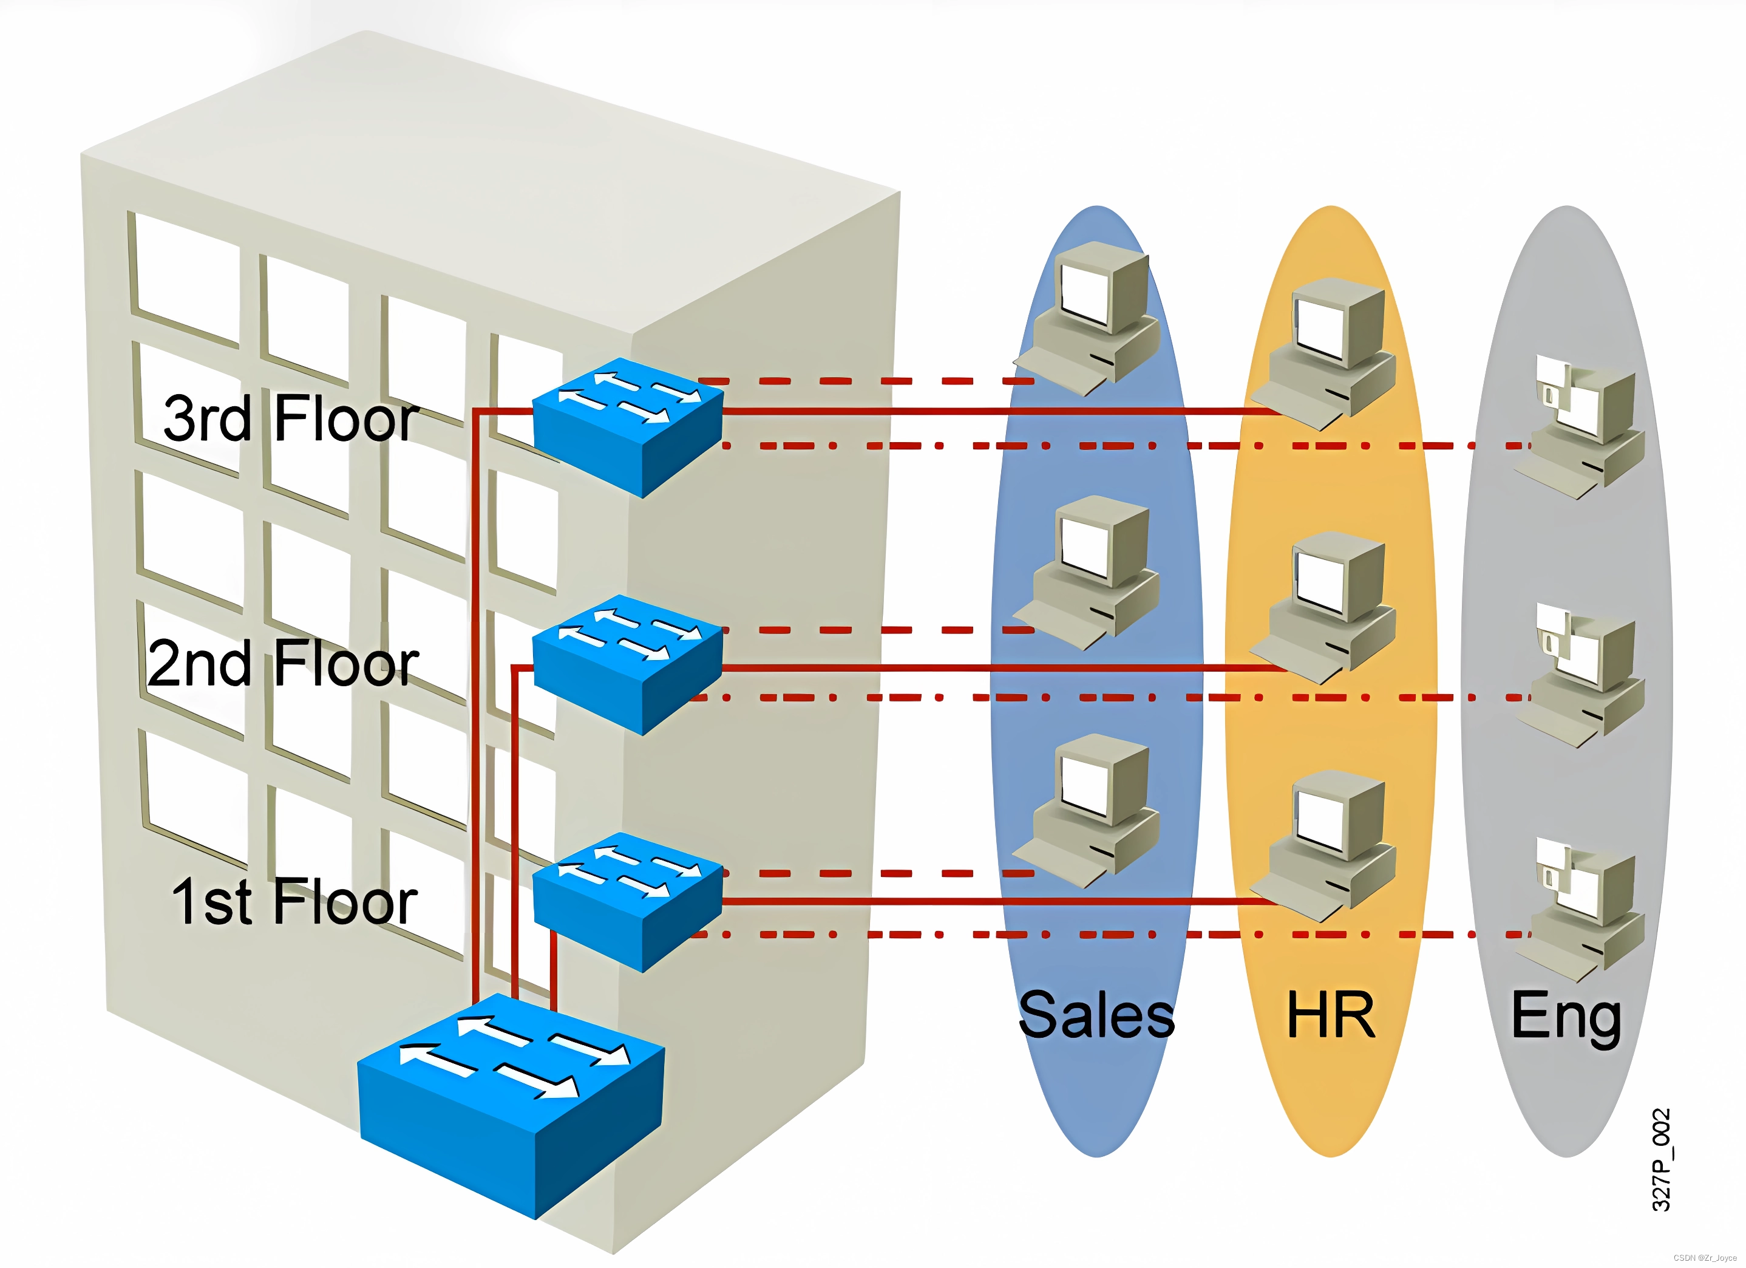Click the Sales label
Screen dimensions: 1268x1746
(1096, 1015)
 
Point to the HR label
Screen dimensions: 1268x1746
(1331, 1015)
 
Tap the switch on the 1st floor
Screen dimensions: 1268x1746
(627, 901)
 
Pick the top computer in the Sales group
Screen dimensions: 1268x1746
(1089, 316)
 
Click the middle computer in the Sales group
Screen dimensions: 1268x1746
(1089, 570)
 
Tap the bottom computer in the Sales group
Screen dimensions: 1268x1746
(1089, 809)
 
